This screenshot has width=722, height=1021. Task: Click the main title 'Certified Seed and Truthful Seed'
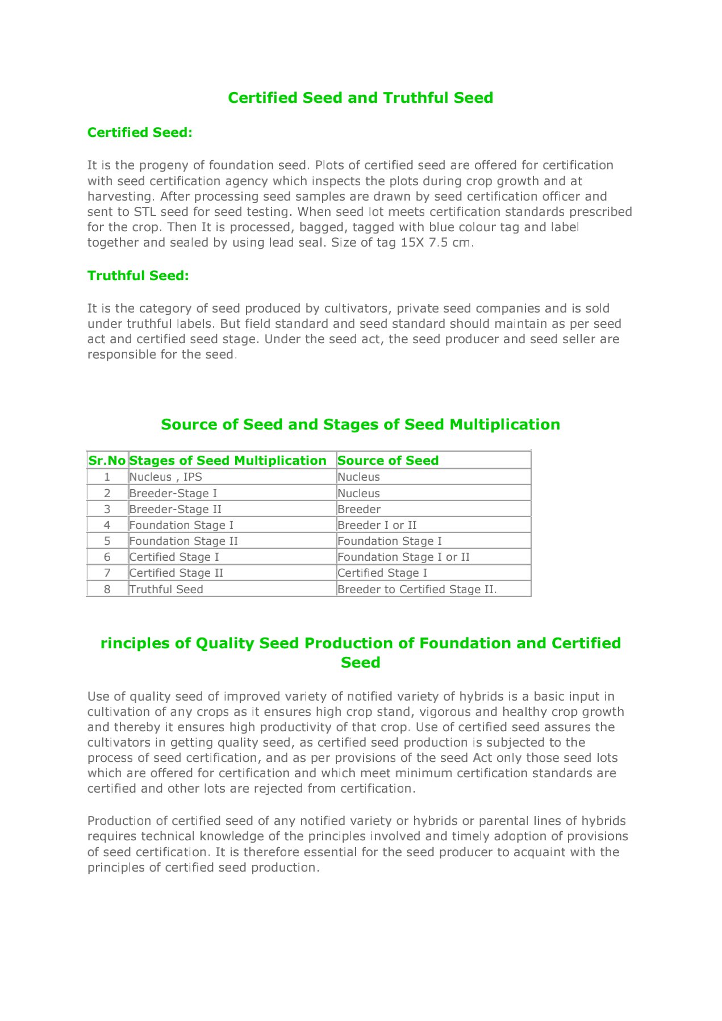[360, 98]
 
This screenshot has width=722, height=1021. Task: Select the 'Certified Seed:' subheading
[140, 132]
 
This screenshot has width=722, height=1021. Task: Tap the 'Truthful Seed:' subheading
[138, 276]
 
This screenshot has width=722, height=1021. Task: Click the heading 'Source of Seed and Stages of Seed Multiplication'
[360, 424]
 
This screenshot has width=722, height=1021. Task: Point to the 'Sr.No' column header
[107, 460]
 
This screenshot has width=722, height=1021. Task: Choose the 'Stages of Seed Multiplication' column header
[228, 460]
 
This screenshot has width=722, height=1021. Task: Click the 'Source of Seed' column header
[388, 460]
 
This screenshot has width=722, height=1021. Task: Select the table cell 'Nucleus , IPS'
[165, 477]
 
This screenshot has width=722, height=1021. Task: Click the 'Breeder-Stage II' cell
[176, 509]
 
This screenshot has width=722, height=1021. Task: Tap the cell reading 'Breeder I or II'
[377, 525]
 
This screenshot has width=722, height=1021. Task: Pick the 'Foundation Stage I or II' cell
[404, 557]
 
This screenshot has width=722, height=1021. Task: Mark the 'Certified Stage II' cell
[176, 573]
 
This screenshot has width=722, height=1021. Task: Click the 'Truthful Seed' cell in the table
[166, 589]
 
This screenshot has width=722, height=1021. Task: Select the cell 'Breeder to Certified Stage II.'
[417, 589]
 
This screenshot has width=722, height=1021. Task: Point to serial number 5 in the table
[107, 541]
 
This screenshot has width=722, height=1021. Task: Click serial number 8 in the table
[107, 589]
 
